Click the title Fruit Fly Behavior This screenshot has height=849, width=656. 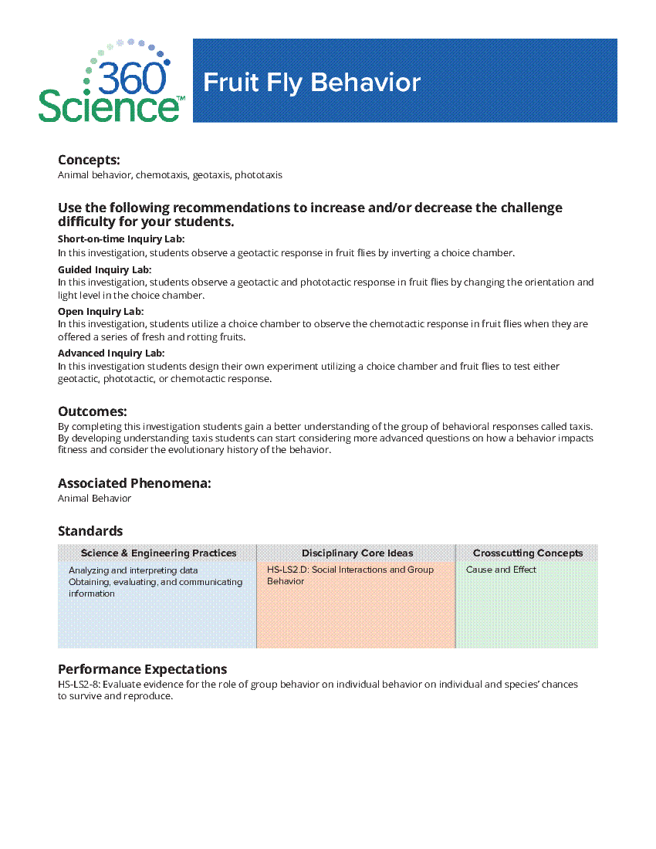(312, 83)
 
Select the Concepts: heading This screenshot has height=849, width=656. (89, 160)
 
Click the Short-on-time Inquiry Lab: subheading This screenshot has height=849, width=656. (121, 239)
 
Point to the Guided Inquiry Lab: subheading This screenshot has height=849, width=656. (104, 269)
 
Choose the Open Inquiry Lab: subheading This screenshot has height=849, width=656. (100, 311)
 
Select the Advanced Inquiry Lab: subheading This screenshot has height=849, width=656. (111, 353)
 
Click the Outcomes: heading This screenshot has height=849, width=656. (92, 411)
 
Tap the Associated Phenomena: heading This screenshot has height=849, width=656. (134, 483)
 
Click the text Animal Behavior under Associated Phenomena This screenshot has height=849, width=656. (94, 499)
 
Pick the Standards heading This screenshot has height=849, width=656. (90, 531)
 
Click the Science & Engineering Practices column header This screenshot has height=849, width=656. (158, 553)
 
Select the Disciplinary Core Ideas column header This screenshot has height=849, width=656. (357, 553)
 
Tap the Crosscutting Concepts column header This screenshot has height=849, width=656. (528, 553)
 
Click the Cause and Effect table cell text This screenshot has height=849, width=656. (501, 570)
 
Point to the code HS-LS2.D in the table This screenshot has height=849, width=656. (287, 570)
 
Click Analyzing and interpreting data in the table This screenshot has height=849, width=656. (133, 570)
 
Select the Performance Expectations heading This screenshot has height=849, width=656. (142, 669)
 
